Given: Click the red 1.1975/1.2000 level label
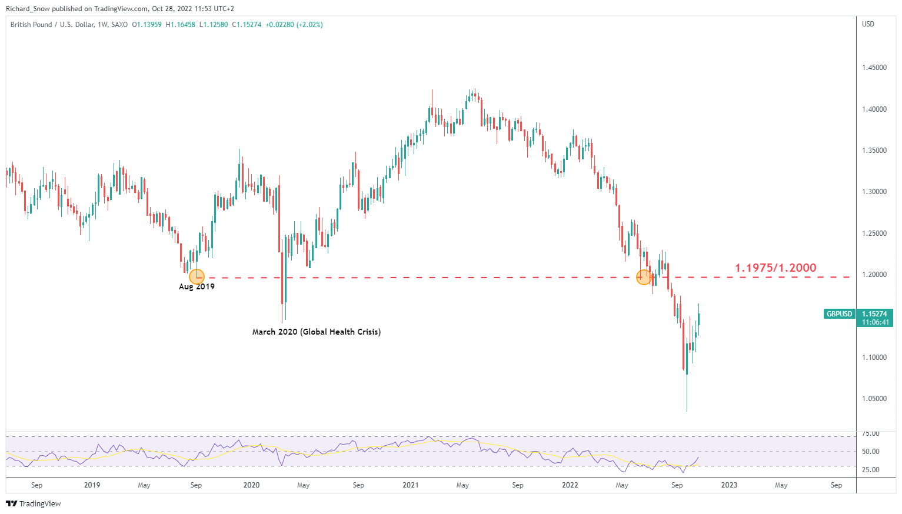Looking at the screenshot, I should (x=775, y=268).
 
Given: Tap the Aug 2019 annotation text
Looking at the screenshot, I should (x=197, y=287).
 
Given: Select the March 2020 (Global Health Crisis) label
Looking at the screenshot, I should (x=316, y=332).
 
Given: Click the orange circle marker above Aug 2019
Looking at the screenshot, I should (x=197, y=276).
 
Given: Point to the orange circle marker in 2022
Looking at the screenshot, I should (x=644, y=277).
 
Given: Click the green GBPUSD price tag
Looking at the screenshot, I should (x=839, y=314).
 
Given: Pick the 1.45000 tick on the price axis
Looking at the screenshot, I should (x=874, y=68).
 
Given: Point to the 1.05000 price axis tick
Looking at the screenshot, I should (x=874, y=399).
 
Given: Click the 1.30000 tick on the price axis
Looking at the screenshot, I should (x=874, y=192).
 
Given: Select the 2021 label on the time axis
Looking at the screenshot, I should (x=410, y=485).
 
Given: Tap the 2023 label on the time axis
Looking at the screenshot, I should (x=729, y=485).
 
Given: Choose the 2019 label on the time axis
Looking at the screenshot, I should (x=92, y=485).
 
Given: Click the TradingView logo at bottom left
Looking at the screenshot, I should (x=34, y=503).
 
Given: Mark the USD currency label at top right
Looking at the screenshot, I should (x=868, y=24).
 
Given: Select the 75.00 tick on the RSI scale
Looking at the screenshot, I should (x=870, y=434).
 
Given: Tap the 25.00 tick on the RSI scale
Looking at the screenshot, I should (x=870, y=470).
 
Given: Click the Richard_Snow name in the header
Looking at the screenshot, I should (x=28, y=9).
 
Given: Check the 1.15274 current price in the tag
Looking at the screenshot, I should (x=874, y=314).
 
